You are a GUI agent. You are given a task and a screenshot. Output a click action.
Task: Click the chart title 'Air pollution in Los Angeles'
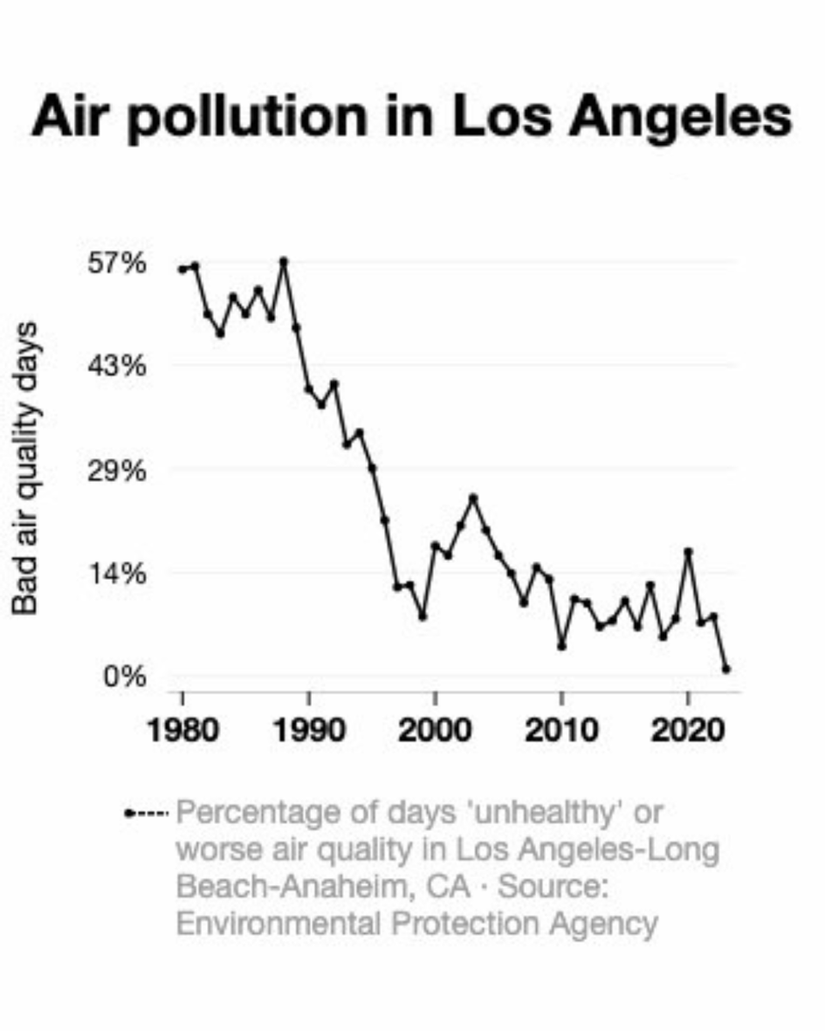(x=411, y=118)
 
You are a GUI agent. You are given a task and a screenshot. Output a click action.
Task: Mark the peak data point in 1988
(x=284, y=260)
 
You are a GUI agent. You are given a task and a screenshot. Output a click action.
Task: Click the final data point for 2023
(x=726, y=668)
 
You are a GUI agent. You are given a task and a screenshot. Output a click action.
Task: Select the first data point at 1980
(x=182, y=270)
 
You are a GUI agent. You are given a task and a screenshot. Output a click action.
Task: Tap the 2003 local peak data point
(x=473, y=497)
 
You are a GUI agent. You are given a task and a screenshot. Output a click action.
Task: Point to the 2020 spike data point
(x=687, y=552)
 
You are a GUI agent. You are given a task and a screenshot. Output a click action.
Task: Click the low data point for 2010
(x=561, y=646)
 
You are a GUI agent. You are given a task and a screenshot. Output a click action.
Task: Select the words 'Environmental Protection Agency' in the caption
(x=417, y=924)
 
